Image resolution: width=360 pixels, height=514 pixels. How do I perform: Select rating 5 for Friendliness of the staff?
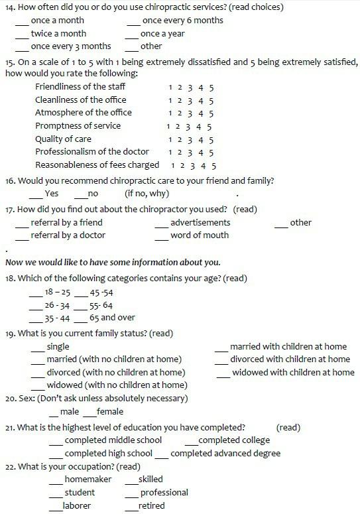tap(211, 87)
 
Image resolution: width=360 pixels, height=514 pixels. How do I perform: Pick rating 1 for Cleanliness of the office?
tap(170, 100)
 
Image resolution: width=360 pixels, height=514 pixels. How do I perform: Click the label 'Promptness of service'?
tap(78, 126)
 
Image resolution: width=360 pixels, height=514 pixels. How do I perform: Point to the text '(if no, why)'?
tap(147, 194)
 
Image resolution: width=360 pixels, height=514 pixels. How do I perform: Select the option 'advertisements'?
tap(200, 222)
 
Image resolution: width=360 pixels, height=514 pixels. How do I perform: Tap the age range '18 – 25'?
tap(57, 292)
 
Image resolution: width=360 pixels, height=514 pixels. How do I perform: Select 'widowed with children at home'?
tap(292, 372)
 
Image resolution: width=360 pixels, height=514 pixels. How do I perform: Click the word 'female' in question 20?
tap(109, 412)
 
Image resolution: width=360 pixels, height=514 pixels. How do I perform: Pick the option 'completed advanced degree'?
tap(225, 454)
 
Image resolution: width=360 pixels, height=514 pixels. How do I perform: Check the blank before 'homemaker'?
tap(56, 481)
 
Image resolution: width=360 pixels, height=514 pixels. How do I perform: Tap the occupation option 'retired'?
tap(151, 506)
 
